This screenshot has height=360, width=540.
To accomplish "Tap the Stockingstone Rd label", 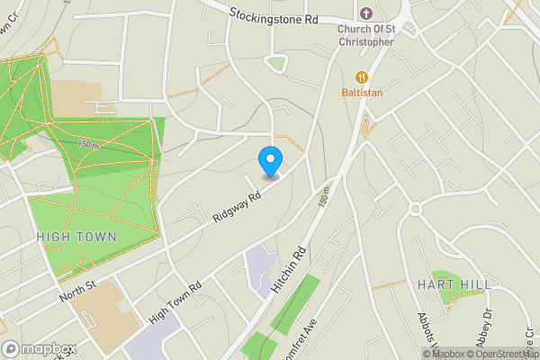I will pyautogui.click(x=274, y=15).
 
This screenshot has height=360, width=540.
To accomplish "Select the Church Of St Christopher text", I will pyautogui.click(x=365, y=35).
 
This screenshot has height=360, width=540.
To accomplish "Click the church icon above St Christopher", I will pyautogui.click(x=365, y=13).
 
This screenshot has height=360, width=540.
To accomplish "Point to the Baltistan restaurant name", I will pyautogui.click(x=363, y=92).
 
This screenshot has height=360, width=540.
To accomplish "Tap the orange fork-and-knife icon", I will pyautogui.click(x=363, y=76).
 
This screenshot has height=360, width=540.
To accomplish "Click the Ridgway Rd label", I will pyautogui.click(x=237, y=205).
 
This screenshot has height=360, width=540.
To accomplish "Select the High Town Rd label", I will pyautogui.click(x=175, y=301).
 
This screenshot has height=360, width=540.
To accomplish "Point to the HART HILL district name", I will pyautogui.click(x=454, y=284).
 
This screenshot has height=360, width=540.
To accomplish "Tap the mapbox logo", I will pyautogui.click(x=38, y=349).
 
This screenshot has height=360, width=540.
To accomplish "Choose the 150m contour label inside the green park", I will pyautogui.click(x=88, y=144).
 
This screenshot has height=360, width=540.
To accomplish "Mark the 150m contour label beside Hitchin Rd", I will pyautogui.click(x=323, y=195).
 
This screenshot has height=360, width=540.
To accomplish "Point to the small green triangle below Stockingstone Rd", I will pyautogui.click(x=274, y=64).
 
